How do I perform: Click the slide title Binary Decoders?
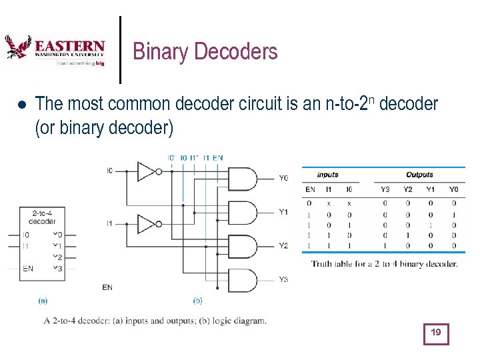click(205, 51)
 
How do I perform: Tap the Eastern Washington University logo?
click(55, 51)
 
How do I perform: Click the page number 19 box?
click(436, 333)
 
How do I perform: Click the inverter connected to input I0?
click(148, 171)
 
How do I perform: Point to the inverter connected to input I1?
click(148, 224)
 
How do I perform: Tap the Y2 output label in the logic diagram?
click(284, 245)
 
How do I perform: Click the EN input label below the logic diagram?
click(107, 287)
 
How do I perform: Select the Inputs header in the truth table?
click(327, 175)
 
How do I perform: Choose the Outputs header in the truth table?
click(419, 175)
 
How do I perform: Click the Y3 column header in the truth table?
click(385, 189)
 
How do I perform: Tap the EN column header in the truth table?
click(310, 189)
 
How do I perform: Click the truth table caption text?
click(384, 263)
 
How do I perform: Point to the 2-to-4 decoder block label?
click(42, 217)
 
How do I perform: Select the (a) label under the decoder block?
click(42, 301)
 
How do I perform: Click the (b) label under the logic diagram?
click(197, 301)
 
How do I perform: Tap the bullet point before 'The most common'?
click(21, 105)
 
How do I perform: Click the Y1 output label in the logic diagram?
click(284, 212)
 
